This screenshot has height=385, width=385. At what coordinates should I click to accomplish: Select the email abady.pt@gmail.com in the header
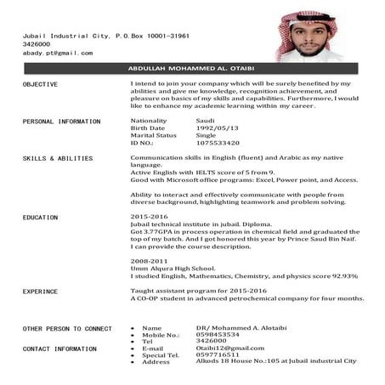click(57, 53)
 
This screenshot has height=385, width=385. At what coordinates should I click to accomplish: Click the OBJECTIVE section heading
click(40, 85)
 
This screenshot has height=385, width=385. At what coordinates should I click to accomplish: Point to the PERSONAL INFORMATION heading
click(61, 122)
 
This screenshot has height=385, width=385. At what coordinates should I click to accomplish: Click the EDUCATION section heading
click(41, 218)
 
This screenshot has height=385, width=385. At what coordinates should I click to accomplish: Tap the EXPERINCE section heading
click(41, 291)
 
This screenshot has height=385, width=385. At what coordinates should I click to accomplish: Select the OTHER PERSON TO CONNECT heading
click(67, 328)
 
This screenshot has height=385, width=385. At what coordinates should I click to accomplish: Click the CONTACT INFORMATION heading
click(59, 348)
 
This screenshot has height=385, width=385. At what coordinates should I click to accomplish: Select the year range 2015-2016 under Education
click(149, 217)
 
